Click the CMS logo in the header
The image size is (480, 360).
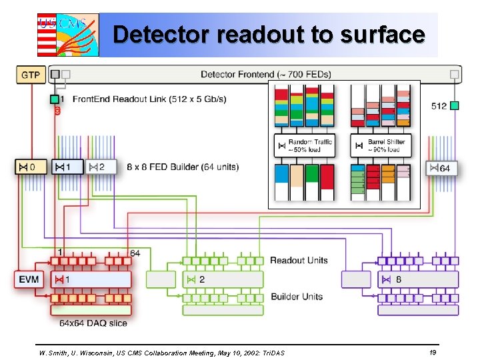coord(67,35)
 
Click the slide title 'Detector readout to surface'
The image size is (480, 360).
coord(268,34)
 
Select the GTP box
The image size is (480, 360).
coord(30,74)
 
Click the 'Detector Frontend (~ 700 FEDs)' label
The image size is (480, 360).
coord(265,74)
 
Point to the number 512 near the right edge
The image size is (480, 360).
coord(439,105)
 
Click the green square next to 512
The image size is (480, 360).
coord(455,105)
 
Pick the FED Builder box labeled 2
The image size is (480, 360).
coord(102,167)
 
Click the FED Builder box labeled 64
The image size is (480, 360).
coord(441,168)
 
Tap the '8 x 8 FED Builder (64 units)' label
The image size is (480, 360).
coord(183,167)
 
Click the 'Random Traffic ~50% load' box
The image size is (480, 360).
coord(304,145)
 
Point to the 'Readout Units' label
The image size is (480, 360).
coord(299,260)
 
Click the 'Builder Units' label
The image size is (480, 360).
coord(296,297)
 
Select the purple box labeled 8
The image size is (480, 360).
coord(418,279)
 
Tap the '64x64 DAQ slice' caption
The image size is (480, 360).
coord(93,323)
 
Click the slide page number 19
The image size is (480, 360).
coord(433,351)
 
